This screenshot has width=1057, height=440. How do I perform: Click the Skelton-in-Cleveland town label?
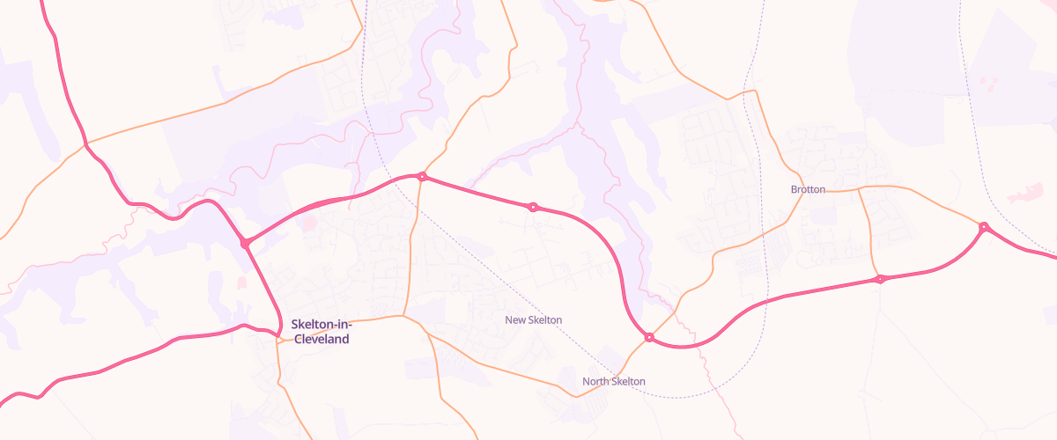coord(321,331)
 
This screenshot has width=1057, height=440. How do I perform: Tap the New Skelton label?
coord(533,319)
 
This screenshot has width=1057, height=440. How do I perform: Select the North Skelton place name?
coord(613,381)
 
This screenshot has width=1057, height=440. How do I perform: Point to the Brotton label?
coord(808,189)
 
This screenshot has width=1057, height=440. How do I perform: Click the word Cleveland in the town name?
coord(322,339)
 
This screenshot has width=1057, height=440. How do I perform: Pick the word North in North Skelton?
coord(595,381)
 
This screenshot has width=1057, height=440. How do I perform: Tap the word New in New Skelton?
coord(515,319)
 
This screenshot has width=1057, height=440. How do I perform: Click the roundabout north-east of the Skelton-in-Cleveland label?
coord(422,177)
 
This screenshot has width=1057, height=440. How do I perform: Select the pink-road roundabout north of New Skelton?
coord(533,208)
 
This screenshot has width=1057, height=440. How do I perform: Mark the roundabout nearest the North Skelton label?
coord(649,337)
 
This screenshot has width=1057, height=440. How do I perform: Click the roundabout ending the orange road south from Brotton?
coord(879,279)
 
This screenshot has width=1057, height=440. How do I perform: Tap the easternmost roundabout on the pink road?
coord(984,228)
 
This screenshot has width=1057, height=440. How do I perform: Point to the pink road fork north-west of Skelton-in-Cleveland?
coord(246,243)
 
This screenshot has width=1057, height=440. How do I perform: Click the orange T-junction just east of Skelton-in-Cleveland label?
coord(403,316)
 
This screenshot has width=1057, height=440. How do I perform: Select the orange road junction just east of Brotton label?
coord(859,188)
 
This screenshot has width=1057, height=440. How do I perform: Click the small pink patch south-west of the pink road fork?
coord(242,282)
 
